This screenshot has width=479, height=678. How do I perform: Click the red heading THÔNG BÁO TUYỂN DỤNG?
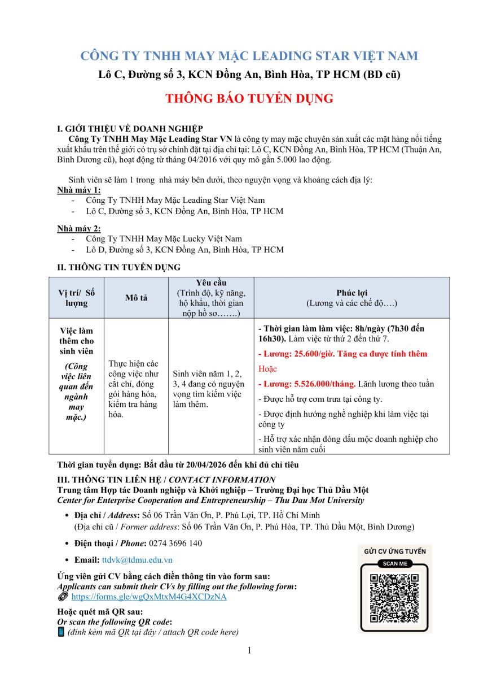[249, 98]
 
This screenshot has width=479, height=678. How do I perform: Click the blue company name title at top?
[249, 56]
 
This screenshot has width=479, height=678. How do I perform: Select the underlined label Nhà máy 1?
[78, 190]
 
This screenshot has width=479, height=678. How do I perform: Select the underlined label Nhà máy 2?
[78, 228]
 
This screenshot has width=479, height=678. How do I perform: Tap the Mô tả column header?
[136, 298]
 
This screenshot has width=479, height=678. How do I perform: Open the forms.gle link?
[149, 597]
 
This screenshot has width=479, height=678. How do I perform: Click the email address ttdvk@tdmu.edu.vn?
[137, 560]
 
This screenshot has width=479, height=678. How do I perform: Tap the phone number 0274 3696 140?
[175, 544]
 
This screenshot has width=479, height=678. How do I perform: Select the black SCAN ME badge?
[395, 563]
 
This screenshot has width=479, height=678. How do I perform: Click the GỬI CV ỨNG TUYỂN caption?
[395, 551]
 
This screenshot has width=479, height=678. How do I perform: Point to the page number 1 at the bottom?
[249, 650]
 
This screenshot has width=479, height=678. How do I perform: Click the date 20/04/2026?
[212, 465]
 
